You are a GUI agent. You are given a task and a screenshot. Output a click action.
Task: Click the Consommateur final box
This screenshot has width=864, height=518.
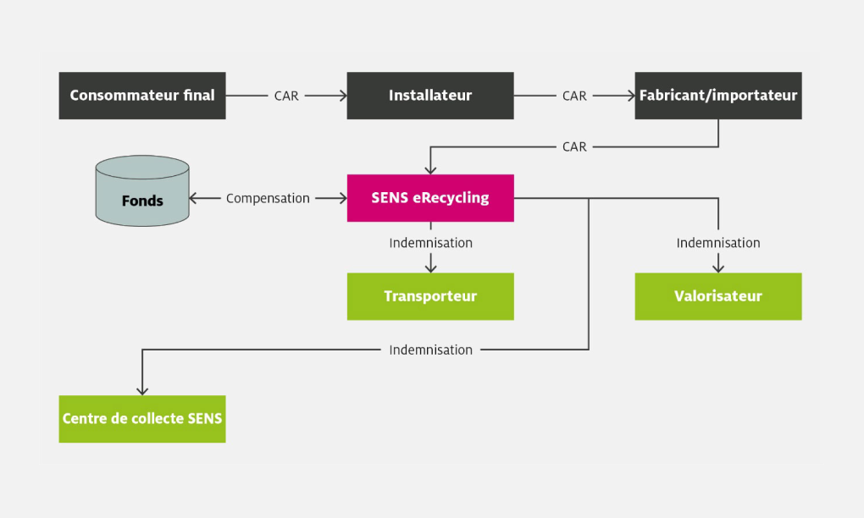coord(142,96)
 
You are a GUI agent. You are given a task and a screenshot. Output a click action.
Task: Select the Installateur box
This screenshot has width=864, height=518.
coord(430,96)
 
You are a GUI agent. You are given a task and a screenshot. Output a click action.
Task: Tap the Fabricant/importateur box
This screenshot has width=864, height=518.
coord(718,96)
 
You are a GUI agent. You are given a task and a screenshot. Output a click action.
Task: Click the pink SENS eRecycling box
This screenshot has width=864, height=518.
coord(430,198)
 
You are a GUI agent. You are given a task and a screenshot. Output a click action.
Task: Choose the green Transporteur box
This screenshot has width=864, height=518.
coord(430,296)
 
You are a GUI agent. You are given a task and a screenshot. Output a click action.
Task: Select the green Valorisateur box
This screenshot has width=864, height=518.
coord(718,296)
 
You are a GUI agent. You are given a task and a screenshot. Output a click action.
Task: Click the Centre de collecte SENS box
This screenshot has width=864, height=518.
coord(142,418)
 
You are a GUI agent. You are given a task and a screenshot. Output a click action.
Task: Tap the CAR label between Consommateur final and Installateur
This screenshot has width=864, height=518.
coord(286,96)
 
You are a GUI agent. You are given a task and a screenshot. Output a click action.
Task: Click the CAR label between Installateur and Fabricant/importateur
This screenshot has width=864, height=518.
coord(574,96)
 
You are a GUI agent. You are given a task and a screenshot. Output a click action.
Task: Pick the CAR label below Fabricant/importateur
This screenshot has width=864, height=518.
coord(574,146)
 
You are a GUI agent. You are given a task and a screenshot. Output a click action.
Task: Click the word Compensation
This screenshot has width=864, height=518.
coord(268,198)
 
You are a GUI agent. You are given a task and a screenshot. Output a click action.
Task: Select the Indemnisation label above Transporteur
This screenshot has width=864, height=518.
coord(430,243)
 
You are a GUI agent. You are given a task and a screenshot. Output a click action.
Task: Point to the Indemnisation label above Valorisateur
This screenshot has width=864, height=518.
coord(718,243)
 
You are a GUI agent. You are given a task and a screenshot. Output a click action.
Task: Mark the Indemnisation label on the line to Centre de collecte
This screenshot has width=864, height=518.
coord(430,350)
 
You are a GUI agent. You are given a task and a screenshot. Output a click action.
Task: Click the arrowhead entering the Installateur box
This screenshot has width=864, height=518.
coord(343,96)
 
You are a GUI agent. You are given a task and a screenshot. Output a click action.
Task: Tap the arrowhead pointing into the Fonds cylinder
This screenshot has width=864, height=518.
coord(193,198)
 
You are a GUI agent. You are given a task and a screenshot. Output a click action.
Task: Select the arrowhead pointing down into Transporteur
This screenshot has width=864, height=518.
coord(430,268)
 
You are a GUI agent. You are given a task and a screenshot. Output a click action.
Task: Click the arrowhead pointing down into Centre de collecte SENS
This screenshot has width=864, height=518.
coord(142,390)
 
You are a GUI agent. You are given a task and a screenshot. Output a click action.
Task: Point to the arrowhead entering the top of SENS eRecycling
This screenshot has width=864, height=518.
coord(430,170)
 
